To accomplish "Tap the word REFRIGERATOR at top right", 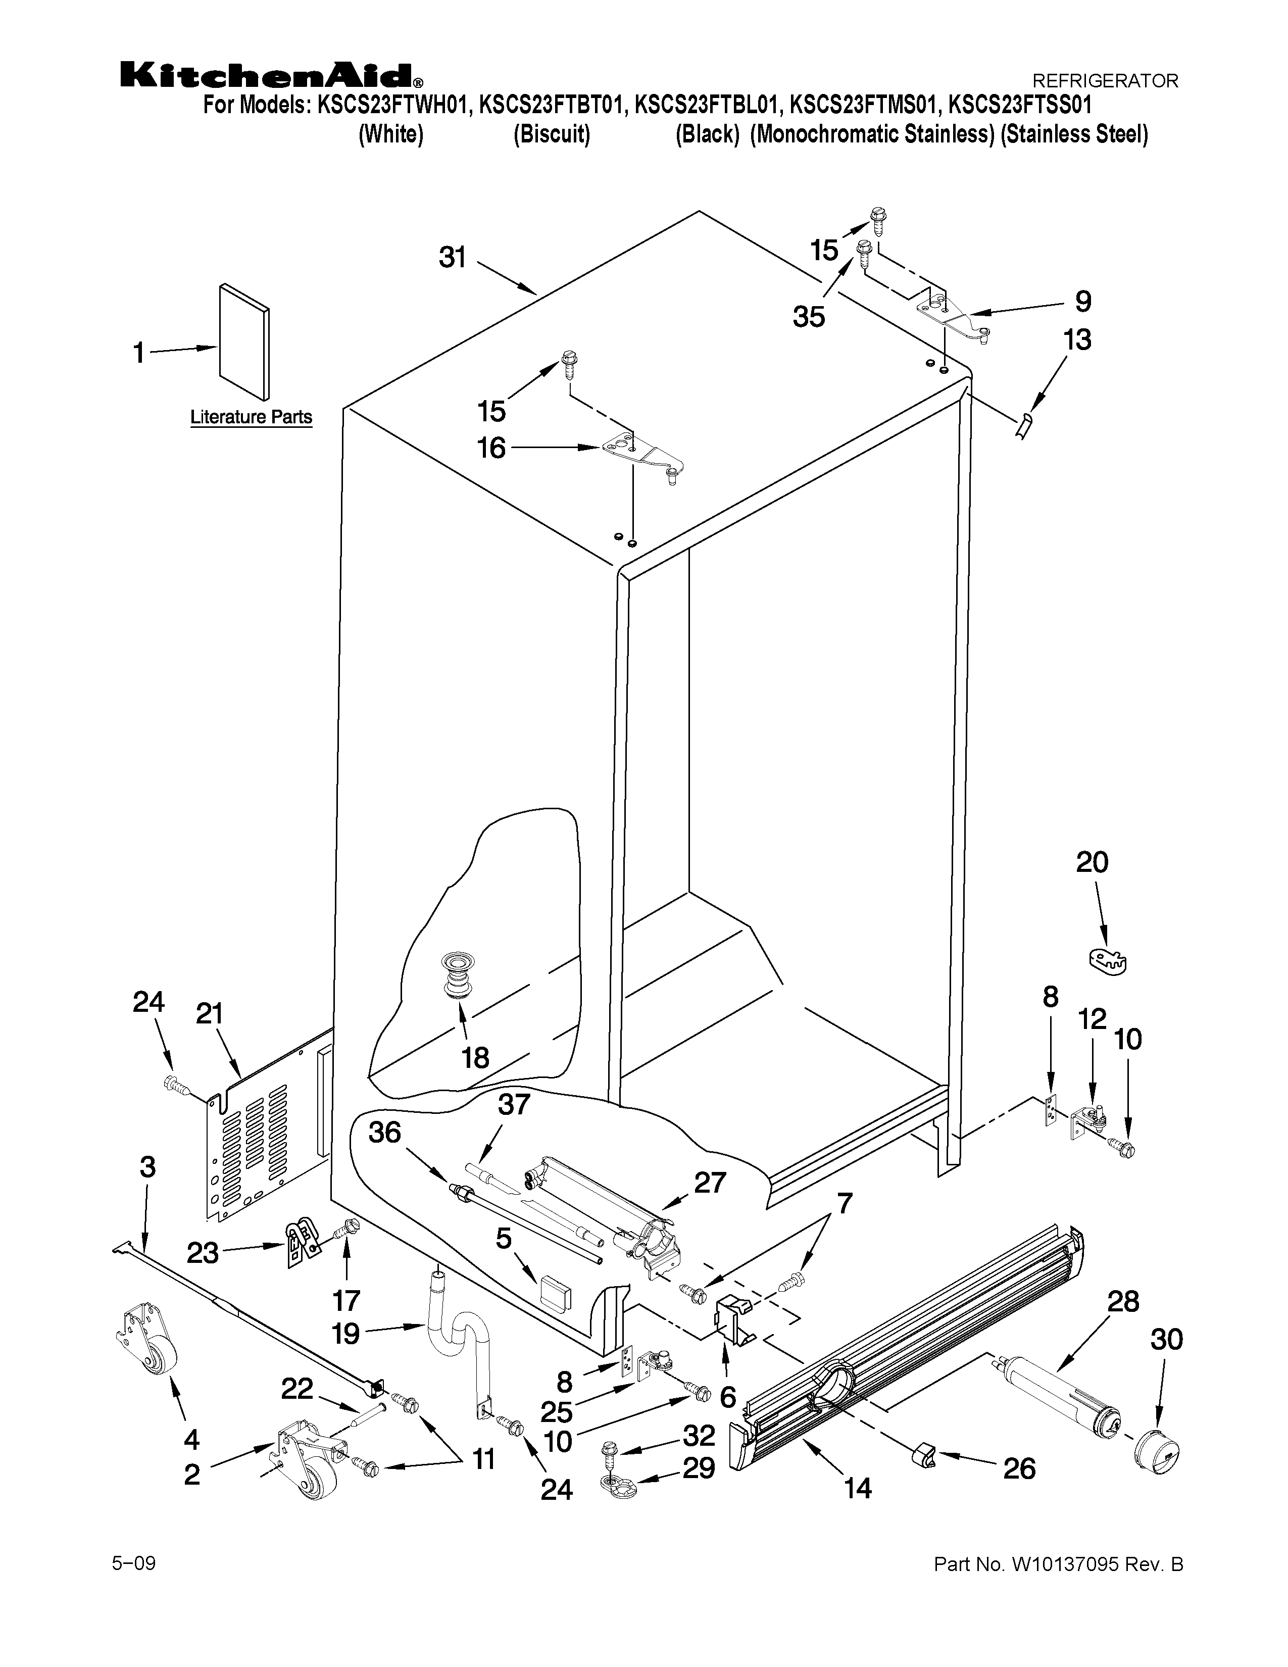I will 1105,80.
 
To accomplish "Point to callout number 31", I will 453,258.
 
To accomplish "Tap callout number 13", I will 1077,339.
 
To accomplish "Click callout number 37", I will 514,1104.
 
